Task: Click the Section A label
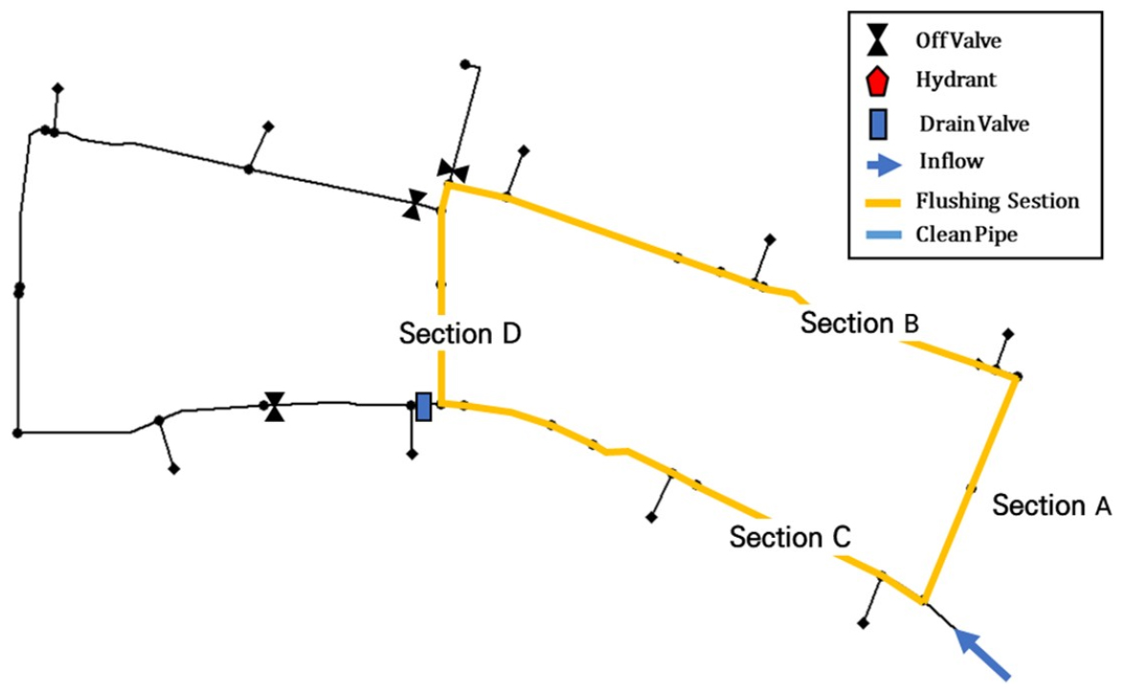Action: (x=1051, y=504)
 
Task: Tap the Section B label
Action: (x=859, y=323)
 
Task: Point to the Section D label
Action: (x=459, y=334)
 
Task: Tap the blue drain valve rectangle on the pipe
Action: (x=424, y=406)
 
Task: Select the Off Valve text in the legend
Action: (x=958, y=41)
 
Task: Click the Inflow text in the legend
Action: (x=950, y=161)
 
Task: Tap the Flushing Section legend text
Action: (x=997, y=201)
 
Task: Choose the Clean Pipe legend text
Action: (x=966, y=234)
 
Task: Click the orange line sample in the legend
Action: (x=878, y=202)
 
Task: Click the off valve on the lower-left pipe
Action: (x=275, y=406)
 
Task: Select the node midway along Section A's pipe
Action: (x=971, y=489)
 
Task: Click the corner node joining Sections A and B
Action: (x=1018, y=376)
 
